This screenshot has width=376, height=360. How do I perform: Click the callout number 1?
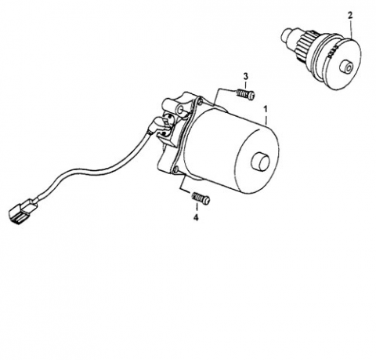click(x=266, y=109)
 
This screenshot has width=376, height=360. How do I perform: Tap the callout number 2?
click(x=350, y=16)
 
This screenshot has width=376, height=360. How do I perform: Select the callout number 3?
click(x=246, y=77)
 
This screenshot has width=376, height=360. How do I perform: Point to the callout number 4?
click(x=196, y=217)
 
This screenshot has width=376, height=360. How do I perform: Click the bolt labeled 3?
click(x=245, y=94)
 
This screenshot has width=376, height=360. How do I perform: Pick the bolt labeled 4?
click(x=201, y=198)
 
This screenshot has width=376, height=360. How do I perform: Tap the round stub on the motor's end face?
click(x=260, y=161)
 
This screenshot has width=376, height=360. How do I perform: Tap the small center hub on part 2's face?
click(x=347, y=67)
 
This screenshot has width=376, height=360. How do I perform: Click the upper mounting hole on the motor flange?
click(x=200, y=101)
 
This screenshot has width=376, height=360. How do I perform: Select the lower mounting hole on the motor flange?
click(x=175, y=171)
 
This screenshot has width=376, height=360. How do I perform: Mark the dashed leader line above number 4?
click(x=197, y=209)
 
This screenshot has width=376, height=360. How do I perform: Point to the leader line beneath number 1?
click(x=266, y=119)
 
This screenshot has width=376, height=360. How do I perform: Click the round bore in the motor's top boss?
click(x=180, y=110)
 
